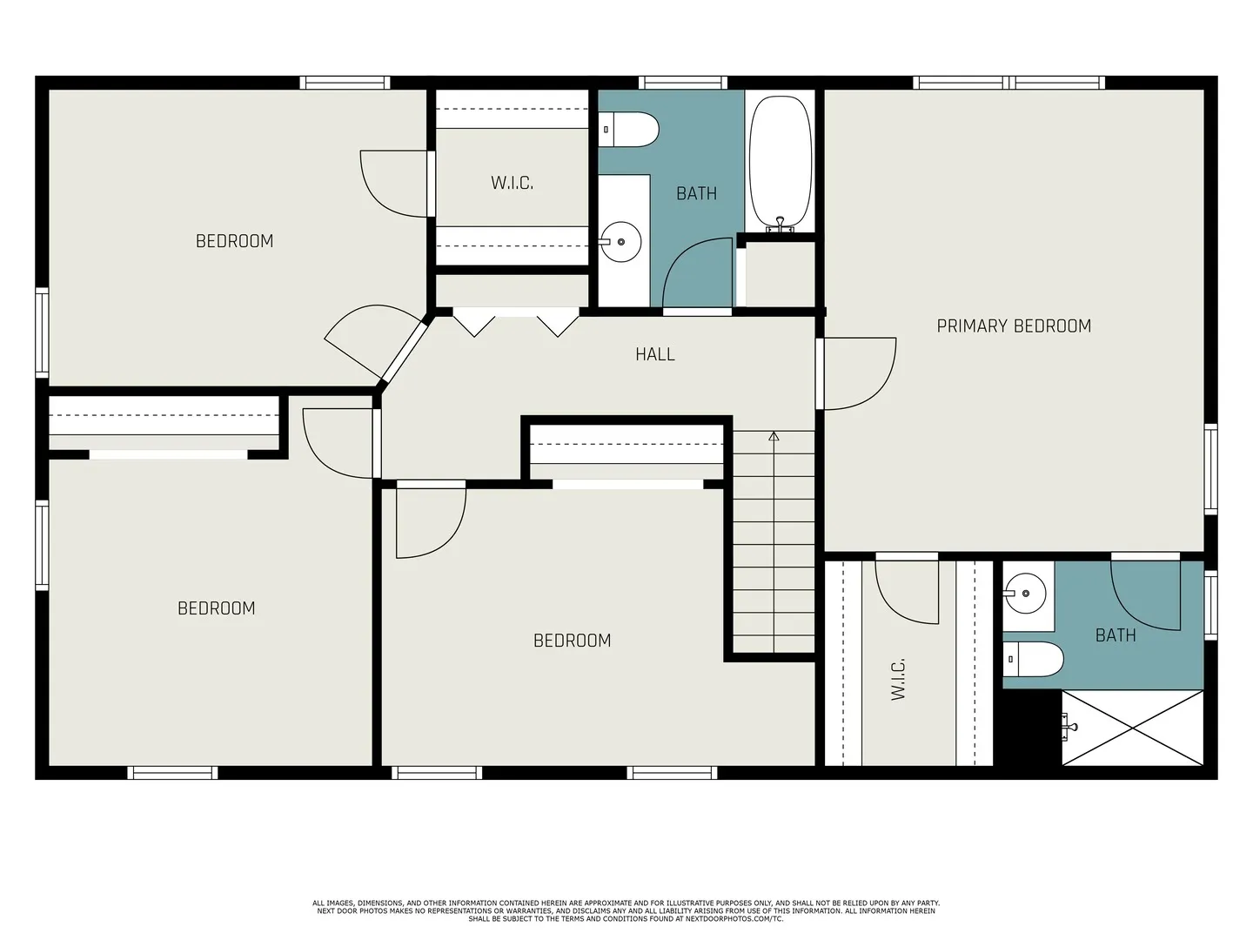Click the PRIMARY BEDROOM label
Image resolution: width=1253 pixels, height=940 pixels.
coord(1014,326)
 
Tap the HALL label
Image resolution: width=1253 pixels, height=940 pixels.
coord(654,354)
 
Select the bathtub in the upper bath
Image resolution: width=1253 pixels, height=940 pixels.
coord(781,164)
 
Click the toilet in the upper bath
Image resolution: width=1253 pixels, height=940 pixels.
coord(630,130)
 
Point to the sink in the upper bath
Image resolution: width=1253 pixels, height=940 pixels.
coord(621,241)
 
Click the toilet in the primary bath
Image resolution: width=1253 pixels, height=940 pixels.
coord(1035,660)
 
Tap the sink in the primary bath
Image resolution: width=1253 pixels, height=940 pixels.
coord(1026,594)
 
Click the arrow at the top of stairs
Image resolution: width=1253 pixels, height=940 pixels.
coord(774,436)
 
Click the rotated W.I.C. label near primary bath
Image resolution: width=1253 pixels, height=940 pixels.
coord(899,679)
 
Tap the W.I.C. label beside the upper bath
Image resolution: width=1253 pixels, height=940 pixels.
coord(512,183)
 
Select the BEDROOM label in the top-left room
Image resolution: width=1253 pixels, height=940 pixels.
coord(234,241)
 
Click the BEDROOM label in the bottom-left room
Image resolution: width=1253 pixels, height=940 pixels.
coord(217,608)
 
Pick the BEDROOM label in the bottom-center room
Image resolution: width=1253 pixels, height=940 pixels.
coord(572,641)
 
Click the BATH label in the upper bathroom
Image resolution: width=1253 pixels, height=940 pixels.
coord(696,193)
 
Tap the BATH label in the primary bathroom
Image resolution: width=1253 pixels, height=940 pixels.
coord(1116,635)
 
